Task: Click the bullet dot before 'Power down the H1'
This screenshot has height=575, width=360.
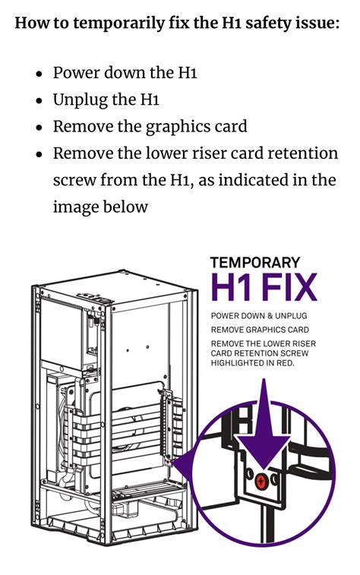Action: click(x=39, y=74)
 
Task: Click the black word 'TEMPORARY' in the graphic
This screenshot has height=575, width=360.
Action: click(x=254, y=263)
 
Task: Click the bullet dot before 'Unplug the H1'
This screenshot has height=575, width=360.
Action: click(x=39, y=101)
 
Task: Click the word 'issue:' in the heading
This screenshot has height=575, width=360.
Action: click(x=318, y=22)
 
